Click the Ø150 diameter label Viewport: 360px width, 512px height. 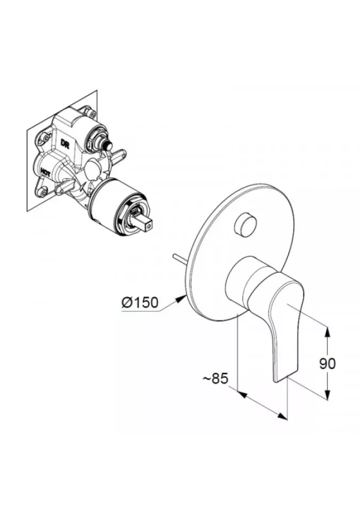(140, 302)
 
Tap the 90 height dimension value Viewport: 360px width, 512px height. (327, 363)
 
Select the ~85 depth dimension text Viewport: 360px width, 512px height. (215, 379)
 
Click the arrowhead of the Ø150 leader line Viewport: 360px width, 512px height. (181, 298)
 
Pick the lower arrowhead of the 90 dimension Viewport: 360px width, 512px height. (327, 393)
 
